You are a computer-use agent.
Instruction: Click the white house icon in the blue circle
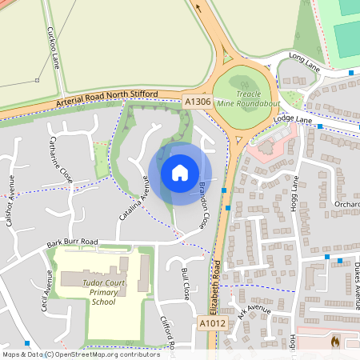coord(180,173)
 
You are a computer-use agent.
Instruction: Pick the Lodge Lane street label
coord(292,119)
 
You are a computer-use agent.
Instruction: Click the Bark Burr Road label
coord(71,242)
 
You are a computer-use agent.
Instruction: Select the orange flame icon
coord(335,342)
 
